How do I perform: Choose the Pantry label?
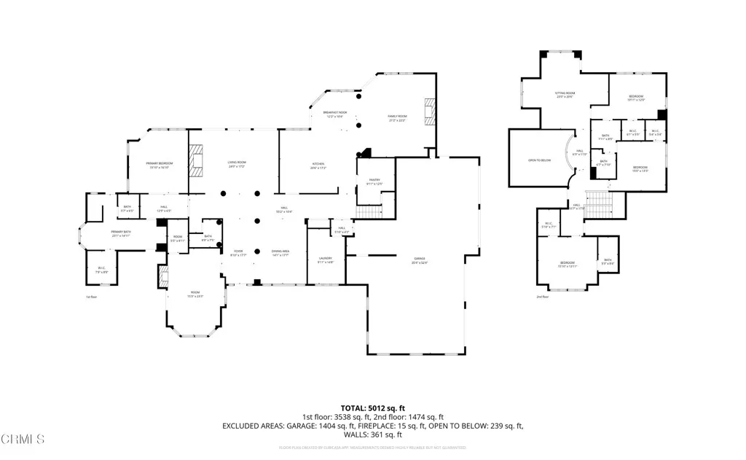click(374, 182)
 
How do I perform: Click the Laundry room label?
click(325, 260)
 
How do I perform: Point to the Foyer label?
click(239, 253)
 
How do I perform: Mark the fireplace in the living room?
click(195, 160)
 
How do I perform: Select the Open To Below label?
click(539, 160)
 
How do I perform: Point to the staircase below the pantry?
click(370, 212)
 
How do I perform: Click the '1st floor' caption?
click(91, 297)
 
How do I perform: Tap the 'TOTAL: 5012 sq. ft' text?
click(372, 408)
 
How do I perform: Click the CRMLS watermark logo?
click(23, 439)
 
